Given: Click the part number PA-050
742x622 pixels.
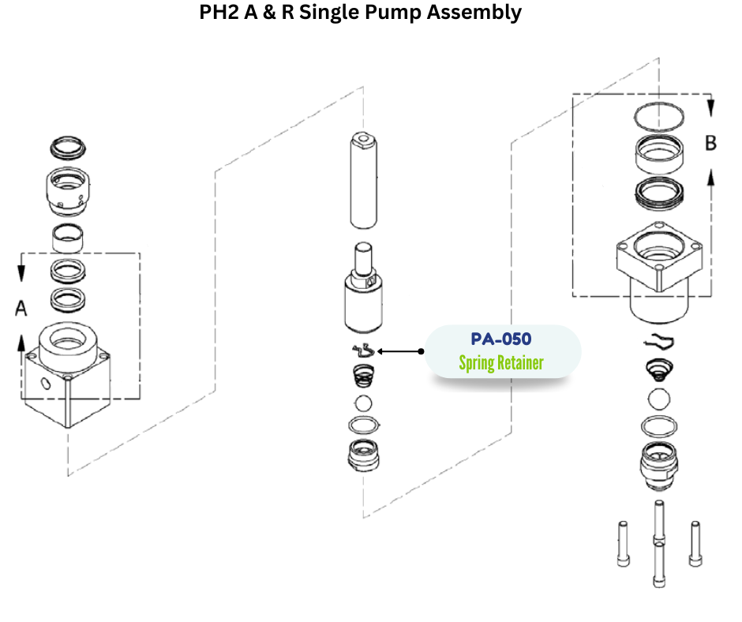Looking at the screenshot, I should (x=501, y=339).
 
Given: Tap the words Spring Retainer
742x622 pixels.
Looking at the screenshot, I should (x=501, y=365).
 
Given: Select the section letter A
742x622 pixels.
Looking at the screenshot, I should (x=21, y=309).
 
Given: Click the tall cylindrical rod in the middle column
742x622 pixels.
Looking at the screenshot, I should (x=363, y=181).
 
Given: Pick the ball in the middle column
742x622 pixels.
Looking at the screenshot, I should (x=363, y=403).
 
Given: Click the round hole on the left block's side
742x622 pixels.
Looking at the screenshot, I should (x=45, y=384).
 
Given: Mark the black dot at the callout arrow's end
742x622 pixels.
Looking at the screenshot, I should (x=421, y=350).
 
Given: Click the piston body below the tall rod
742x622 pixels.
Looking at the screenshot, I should (x=362, y=300).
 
